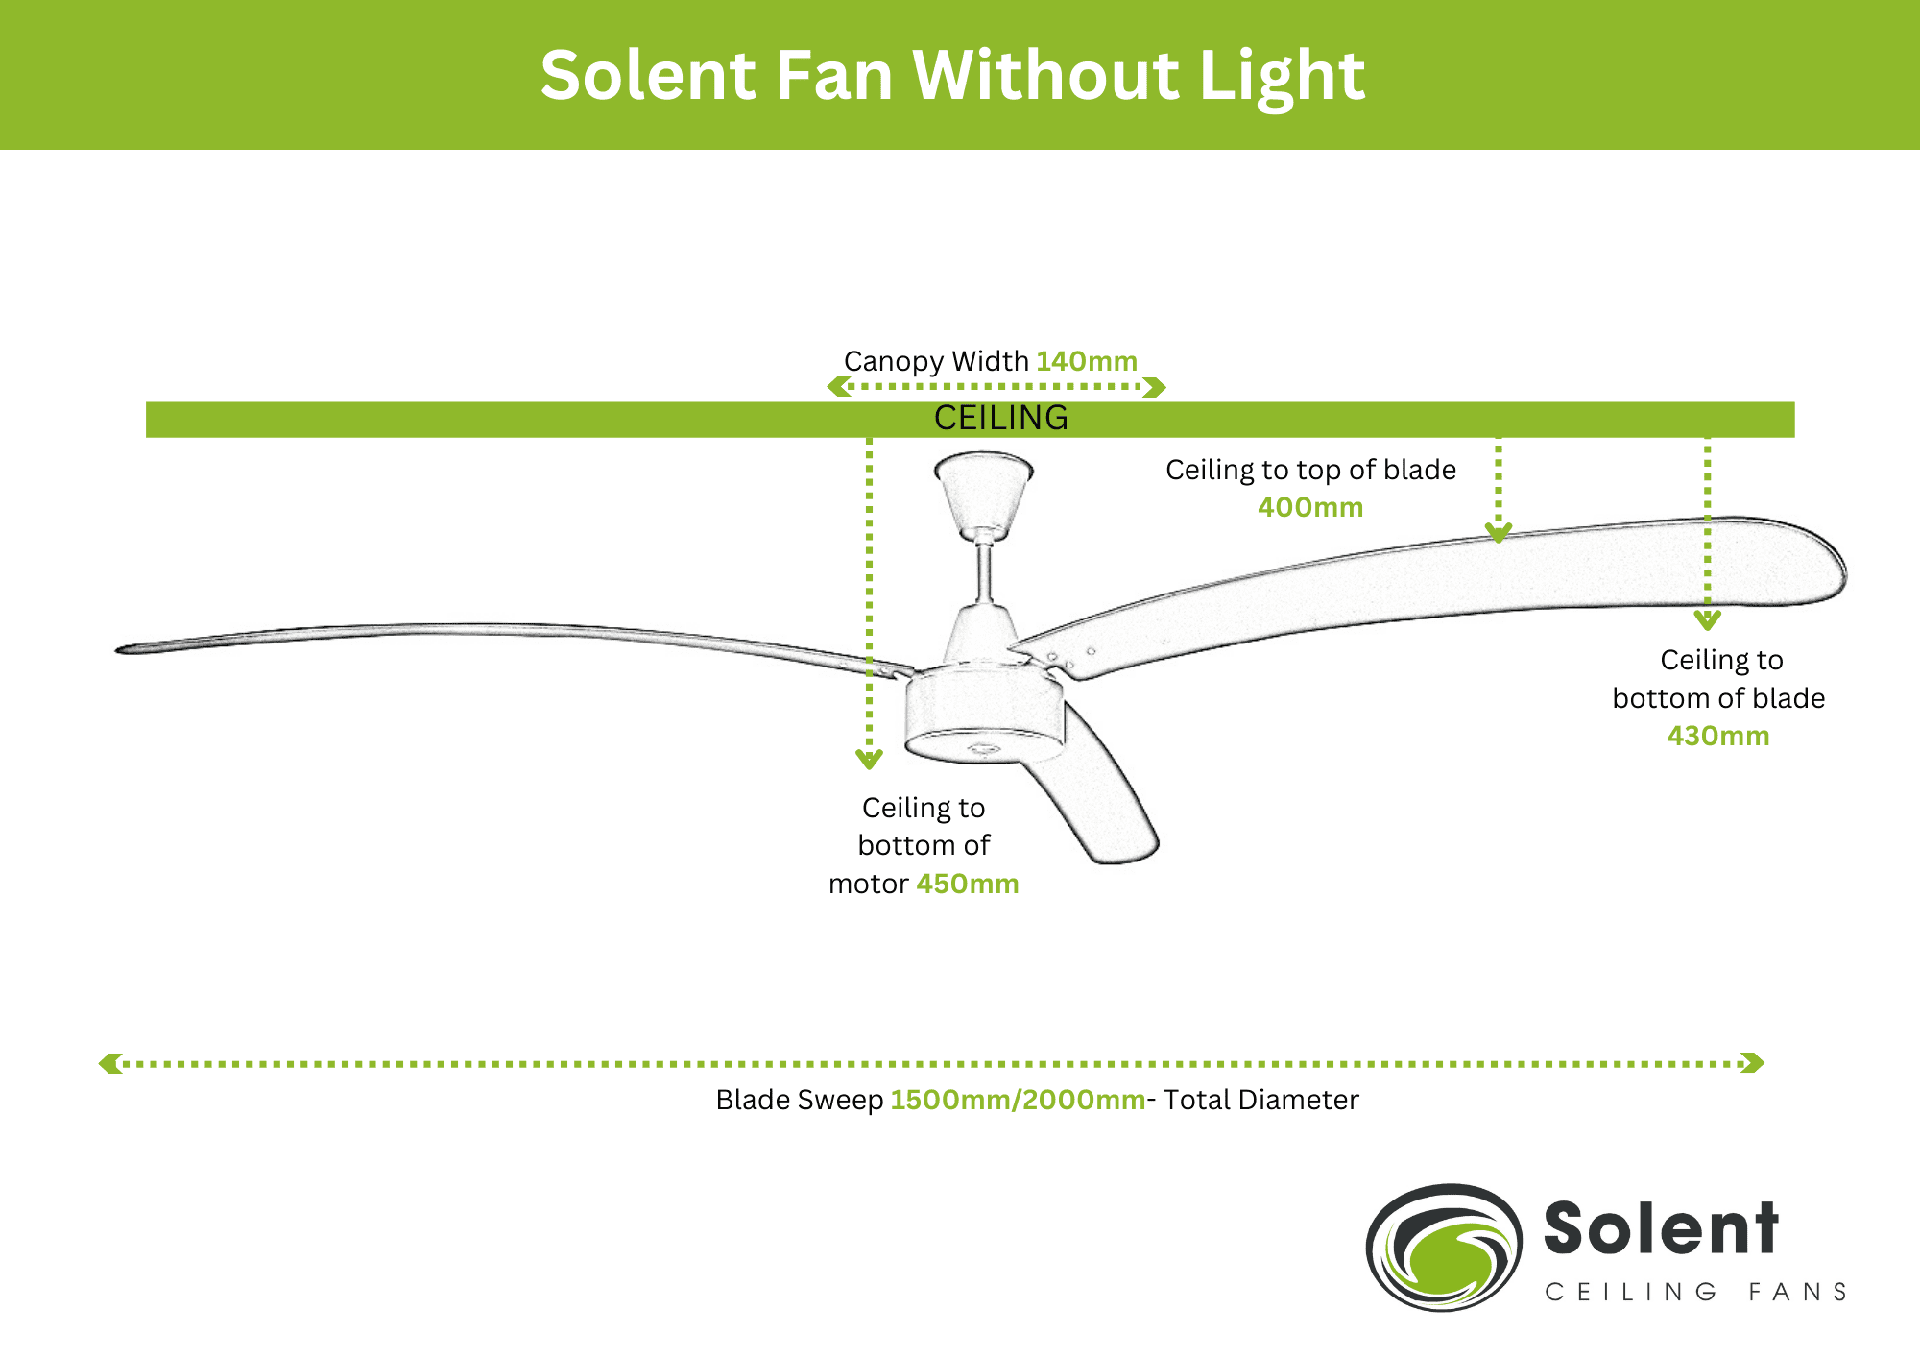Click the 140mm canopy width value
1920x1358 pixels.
tap(1087, 361)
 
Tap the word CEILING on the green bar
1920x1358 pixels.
tap(1001, 418)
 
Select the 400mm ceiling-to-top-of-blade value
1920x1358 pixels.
tap(1310, 507)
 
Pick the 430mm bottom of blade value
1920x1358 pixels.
tap(1718, 736)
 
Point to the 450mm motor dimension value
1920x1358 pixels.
tap(968, 884)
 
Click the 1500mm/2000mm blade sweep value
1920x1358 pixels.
tap(1018, 1100)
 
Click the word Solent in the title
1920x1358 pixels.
tap(649, 75)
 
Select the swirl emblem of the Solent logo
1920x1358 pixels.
tap(1444, 1248)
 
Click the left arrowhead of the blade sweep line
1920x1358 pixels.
tap(109, 1063)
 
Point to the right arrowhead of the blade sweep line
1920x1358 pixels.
tap(1753, 1063)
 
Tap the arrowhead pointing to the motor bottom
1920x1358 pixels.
tap(869, 760)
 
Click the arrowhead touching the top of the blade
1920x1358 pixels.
tap(1499, 533)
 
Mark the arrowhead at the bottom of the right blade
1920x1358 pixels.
tap(1707, 620)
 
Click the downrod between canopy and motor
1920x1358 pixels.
tap(985, 574)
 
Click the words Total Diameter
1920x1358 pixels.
tap(1261, 1100)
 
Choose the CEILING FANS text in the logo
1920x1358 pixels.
tap(1695, 1292)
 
